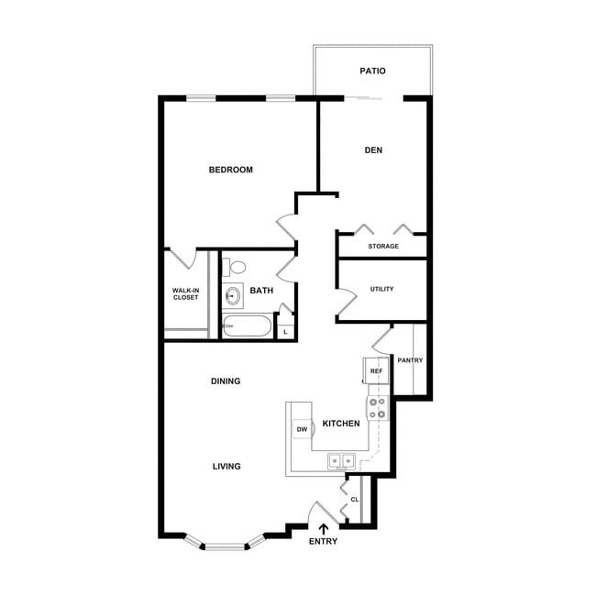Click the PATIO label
372,71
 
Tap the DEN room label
372,151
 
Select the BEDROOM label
231,170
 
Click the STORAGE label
383,247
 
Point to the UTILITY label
381,290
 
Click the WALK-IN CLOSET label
186,294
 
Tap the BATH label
261,291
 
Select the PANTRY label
410,360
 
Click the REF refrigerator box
376,371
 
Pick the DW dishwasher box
302,429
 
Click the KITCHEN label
340,424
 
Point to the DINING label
226,381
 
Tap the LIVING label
226,467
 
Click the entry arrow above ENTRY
322,528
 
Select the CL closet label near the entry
354,500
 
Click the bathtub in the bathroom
247,326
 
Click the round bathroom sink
233,296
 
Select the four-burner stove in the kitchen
378,408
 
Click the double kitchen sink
343,461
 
